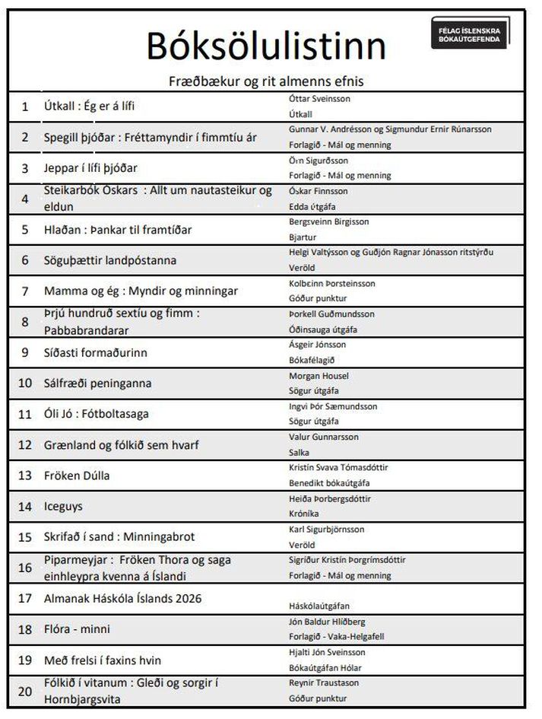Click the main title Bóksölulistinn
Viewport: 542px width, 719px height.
click(x=266, y=46)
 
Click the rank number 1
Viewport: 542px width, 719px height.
click(x=24, y=107)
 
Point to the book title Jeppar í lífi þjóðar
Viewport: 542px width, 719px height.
click(x=91, y=168)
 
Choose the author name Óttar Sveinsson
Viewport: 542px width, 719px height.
click(x=320, y=99)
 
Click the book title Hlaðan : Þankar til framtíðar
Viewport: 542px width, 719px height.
click(x=118, y=230)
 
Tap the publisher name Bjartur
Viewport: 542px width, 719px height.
click(x=303, y=237)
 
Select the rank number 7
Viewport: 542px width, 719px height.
click(x=24, y=291)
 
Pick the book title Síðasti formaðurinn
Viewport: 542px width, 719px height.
click(x=95, y=352)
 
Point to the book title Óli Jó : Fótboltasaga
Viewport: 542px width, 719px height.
click(x=97, y=414)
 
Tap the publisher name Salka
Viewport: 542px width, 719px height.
click(x=300, y=453)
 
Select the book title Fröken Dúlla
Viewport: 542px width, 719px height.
click(x=77, y=476)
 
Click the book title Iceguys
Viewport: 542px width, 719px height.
click(x=64, y=506)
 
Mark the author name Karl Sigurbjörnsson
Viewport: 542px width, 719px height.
click(x=327, y=530)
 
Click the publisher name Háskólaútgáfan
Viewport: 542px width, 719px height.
click(x=319, y=606)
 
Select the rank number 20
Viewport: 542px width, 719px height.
click(x=25, y=691)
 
